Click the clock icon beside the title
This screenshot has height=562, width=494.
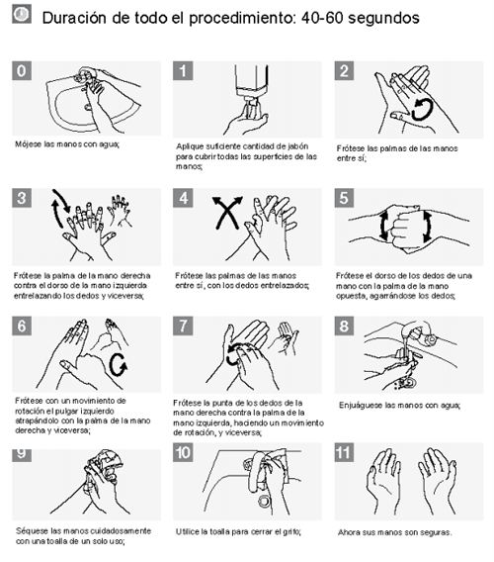[x=22, y=14]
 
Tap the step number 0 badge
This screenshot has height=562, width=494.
[x=22, y=70]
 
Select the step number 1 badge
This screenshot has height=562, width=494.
[x=183, y=70]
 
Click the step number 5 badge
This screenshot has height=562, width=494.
[x=344, y=198]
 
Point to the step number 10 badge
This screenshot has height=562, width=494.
[x=183, y=452]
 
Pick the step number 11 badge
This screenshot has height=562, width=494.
[x=344, y=452]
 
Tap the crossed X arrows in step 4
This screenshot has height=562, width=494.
[x=227, y=212]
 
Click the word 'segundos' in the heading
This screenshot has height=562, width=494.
[x=383, y=18]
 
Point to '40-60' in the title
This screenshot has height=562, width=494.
[x=322, y=17]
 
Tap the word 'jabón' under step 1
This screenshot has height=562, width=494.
[x=298, y=146]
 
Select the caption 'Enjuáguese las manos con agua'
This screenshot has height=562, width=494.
[x=399, y=406]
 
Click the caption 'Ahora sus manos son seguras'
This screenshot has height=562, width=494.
[x=394, y=532]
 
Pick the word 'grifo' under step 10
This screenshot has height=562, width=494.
[x=291, y=532]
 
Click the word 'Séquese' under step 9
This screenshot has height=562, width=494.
[x=29, y=531]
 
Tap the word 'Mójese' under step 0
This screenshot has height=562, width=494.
[x=28, y=144]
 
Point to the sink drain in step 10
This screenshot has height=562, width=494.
[x=264, y=501]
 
